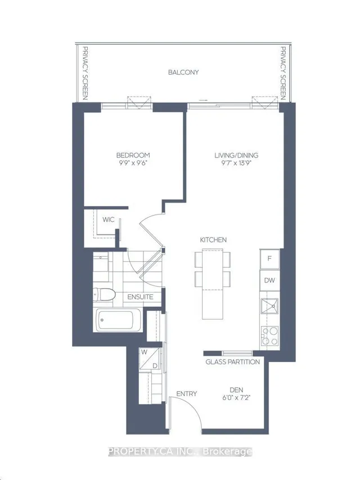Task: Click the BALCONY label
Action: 183,72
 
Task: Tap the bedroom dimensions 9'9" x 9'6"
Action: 133,163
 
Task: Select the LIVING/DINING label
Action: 236,155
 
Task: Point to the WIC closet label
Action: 109,219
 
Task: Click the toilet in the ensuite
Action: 103,294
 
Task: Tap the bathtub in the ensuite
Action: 119,320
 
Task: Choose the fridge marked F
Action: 269,259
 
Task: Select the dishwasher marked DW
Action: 269,280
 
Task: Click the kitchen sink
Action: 269,306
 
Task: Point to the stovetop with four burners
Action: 269,336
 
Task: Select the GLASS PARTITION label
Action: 233,362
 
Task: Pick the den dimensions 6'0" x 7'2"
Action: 236,398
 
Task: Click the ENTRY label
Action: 186,394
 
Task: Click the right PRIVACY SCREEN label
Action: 283,73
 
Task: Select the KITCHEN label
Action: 213,240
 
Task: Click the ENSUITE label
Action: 140,297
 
